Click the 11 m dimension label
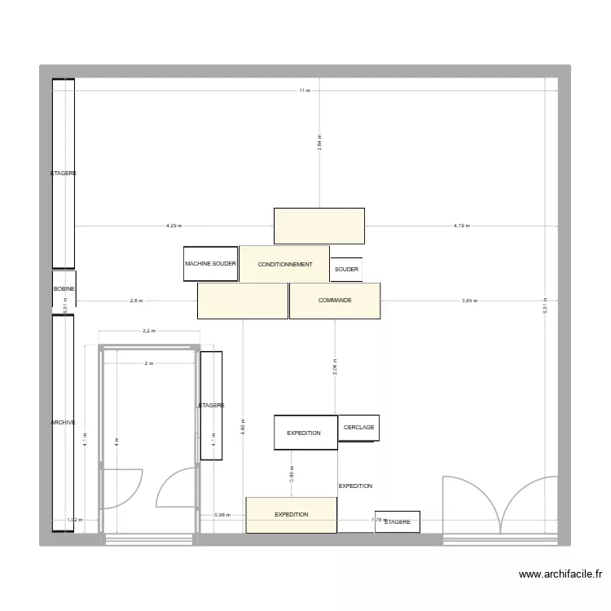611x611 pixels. coord(304,90)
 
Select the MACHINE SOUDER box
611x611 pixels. coord(210,264)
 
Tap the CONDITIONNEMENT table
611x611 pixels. coord(284,264)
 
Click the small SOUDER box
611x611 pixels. coord(346,270)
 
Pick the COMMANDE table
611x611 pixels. coord(335,301)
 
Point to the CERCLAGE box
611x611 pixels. coord(358,428)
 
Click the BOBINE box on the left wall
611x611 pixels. coord(64,289)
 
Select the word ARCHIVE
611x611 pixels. coord(63,423)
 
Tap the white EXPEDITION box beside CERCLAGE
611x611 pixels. coord(305,433)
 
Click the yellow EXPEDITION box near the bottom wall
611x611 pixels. coord(291,515)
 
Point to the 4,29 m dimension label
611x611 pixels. coord(174,226)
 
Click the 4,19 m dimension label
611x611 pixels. coord(462,226)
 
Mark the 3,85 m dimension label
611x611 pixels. coord(469,301)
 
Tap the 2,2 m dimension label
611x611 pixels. coord(148,332)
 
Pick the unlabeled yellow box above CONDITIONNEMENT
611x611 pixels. coord(319,226)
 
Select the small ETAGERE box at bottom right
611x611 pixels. coord(397,522)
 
